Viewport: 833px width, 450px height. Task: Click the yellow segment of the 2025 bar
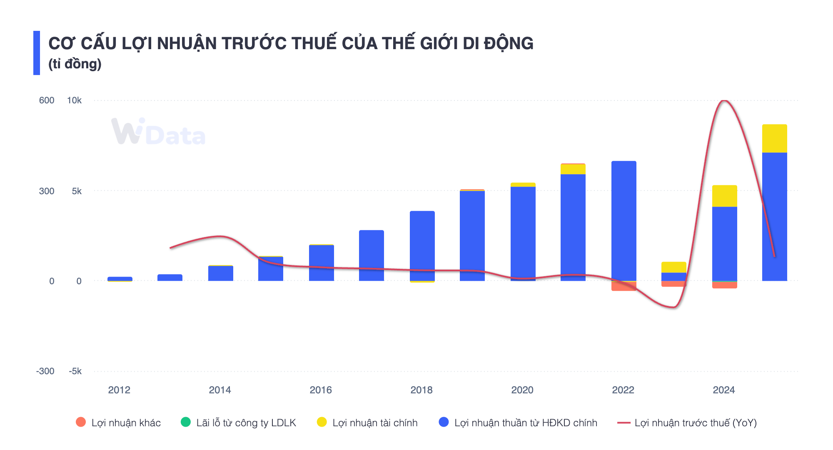coord(774,138)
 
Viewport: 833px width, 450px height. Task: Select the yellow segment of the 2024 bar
coord(724,196)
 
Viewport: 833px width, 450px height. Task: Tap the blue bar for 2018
coord(422,246)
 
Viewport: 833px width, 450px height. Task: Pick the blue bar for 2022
coord(624,221)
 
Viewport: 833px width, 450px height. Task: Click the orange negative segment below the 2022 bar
coord(624,286)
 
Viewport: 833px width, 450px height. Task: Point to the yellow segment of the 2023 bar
coord(673,267)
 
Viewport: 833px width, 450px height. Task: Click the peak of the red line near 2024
coord(724,101)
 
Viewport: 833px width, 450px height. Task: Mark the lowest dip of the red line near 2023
coord(673,307)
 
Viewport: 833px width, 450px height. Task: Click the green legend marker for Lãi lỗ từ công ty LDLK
coord(186,422)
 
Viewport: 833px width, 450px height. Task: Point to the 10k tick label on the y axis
coord(75,100)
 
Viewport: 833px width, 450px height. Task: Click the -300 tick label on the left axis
coord(45,371)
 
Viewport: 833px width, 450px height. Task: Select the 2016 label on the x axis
coord(321,390)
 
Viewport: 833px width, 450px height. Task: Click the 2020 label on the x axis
coord(522,390)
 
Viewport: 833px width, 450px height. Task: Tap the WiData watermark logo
coord(158,132)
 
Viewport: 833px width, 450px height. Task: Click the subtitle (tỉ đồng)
coord(75,64)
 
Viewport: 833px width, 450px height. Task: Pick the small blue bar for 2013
coord(170,277)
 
